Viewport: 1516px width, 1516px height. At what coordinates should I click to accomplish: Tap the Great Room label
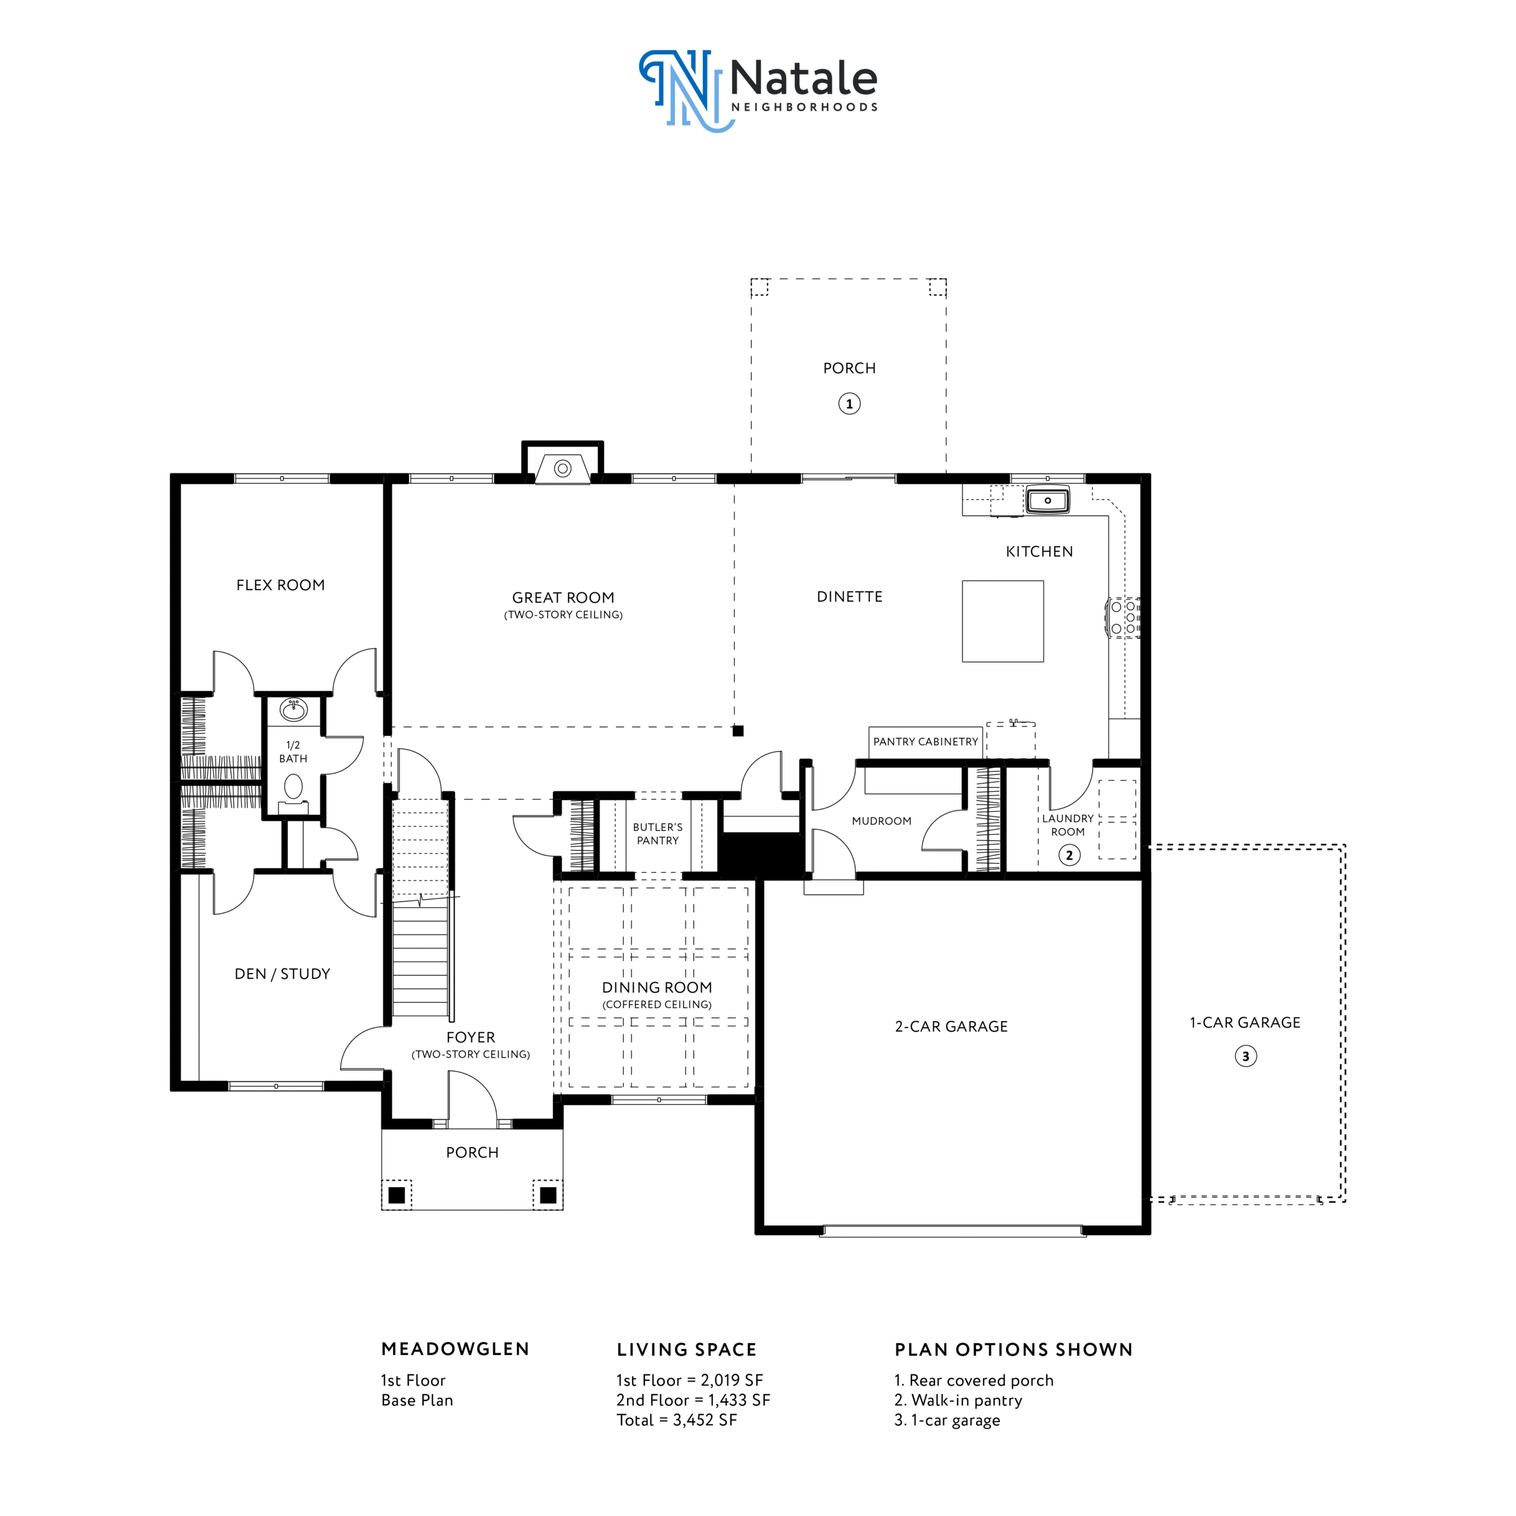(x=563, y=598)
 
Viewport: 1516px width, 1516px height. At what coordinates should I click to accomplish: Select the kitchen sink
(x=1048, y=500)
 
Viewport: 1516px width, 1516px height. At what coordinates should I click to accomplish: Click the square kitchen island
(x=1003, y=621)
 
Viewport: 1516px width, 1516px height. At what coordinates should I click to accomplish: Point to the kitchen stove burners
(x=1123, y=618)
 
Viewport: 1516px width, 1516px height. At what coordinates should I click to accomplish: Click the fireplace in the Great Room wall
(x=563, y=468)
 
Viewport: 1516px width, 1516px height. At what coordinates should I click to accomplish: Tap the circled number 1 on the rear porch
(x=849, y=404)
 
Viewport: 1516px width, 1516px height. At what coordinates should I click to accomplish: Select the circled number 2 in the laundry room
(x=1069, y=855)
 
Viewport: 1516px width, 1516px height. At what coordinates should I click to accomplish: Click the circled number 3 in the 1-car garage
(x=1245, y=1056)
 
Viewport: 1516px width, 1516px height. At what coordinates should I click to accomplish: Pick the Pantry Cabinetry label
(x=926, y=741)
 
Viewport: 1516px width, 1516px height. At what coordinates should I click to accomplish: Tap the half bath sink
(x=294, y=709)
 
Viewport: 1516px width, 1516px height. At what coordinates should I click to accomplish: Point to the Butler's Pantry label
(x=657, y=833)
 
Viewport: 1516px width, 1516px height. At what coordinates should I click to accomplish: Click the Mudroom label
(x=882, y=821)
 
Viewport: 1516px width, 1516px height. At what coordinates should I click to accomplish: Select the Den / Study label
(x=282, y=974)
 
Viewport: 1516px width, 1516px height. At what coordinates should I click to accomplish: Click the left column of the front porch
(x=396, y=1195)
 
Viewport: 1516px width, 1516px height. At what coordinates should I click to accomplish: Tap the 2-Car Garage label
(x=951, y=1026)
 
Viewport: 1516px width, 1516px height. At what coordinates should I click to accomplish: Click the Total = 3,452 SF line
(x=676, y=1420)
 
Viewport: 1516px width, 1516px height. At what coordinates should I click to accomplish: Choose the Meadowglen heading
(x=455, y=1349)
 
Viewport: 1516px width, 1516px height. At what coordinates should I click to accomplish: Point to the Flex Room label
(x=280, y=585)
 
